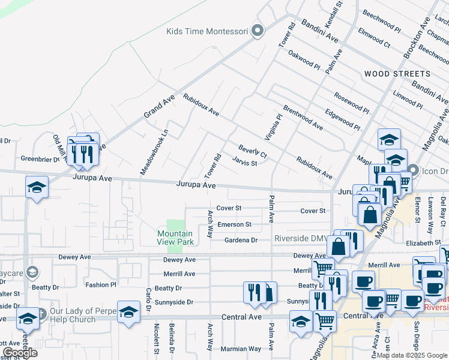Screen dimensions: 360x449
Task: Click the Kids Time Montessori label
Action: coord(207,31)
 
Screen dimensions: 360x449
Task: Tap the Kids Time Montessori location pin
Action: coord(258,31)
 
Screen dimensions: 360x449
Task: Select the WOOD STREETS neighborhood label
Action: coord(397,74)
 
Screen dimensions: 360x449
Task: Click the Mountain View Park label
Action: coord(175,238)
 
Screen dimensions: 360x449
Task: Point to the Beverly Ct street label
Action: coord(252,151)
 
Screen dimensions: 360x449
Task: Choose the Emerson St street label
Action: coord(234,224)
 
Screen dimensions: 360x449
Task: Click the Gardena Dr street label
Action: coord(241,240)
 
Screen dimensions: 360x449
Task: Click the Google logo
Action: coord(19,353)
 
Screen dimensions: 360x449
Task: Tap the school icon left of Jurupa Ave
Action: coord(37,187)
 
